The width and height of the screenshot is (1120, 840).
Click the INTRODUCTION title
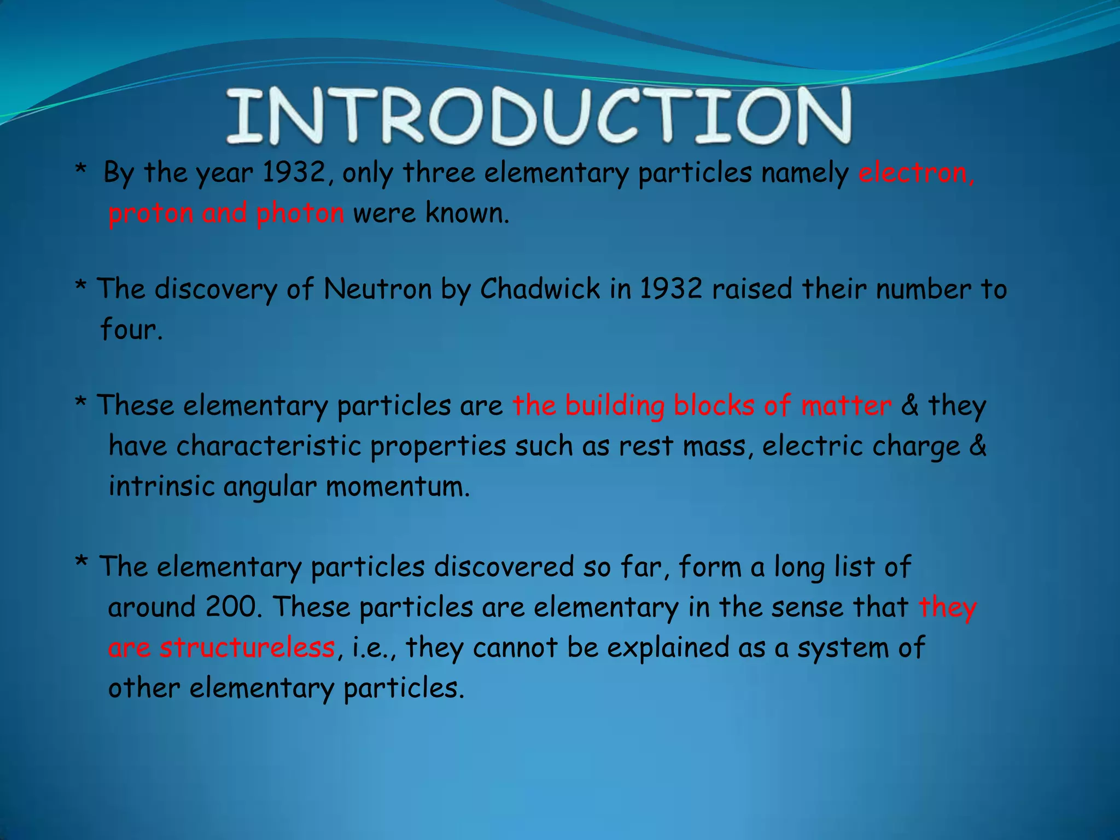539,116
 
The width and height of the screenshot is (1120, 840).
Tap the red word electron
915,173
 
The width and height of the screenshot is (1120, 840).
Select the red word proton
151,213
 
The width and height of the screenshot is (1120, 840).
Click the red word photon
300,213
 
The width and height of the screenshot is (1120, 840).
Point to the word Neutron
377,289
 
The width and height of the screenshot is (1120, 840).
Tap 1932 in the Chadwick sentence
671,289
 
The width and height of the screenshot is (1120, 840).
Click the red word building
615,406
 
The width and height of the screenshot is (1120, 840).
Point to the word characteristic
269,446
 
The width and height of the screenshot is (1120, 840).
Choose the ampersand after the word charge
978,446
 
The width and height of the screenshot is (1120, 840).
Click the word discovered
504,567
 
